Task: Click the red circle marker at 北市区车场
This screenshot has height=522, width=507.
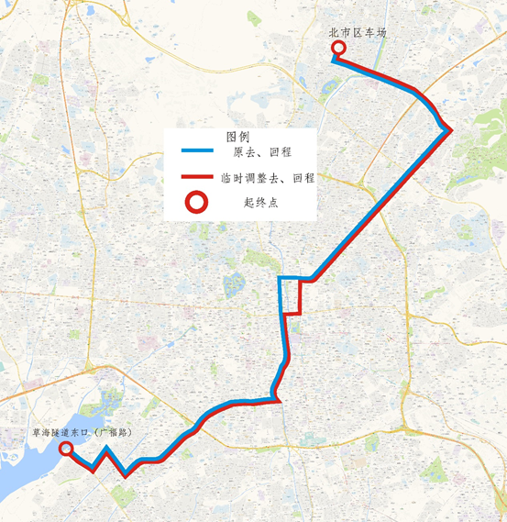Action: (337, 49)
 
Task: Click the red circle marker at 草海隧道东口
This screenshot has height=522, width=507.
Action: (66, 449)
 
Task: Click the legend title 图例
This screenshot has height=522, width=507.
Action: (237, 136)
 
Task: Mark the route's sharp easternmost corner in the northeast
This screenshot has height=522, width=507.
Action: (449, 131)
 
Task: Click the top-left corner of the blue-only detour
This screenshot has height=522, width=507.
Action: (281, 277)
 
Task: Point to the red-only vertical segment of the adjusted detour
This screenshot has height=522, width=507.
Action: (300, 297)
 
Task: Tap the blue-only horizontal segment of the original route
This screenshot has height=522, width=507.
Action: (290, 277)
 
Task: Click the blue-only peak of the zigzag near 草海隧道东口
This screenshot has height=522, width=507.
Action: (107, 449)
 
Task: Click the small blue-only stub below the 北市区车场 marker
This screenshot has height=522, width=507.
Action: (334, 60)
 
